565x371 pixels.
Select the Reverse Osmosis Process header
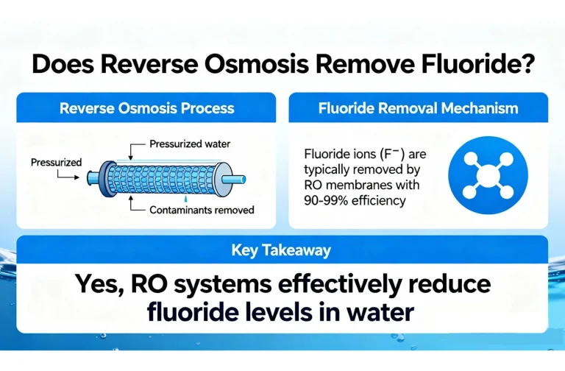pos(147,108)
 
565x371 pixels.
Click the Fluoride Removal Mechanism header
pos(418,108)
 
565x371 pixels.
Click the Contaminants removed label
pos(202,210)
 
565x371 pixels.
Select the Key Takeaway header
pos(282,250)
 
